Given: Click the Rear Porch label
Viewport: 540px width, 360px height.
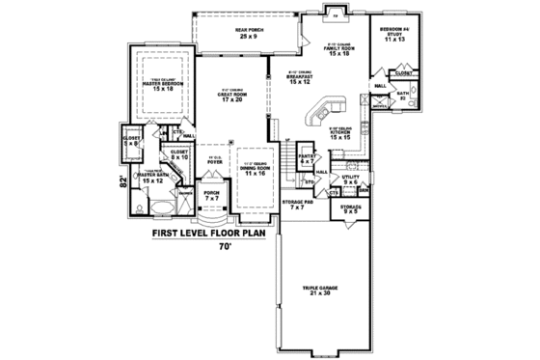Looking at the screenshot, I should (x=250, y=33).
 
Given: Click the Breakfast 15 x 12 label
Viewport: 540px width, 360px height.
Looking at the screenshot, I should (x=301, y=80).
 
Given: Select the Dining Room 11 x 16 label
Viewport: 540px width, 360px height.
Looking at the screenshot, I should (x=254, y=167).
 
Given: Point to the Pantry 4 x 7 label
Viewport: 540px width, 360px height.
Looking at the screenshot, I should (x=308, y=157).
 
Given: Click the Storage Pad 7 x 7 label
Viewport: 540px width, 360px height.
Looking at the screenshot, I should (x=297, y=205).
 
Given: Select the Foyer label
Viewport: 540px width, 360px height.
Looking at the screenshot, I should (x=214, y=161).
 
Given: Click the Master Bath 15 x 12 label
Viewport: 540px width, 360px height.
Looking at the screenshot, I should (x=153, y=179).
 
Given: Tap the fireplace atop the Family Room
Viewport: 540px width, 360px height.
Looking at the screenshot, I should (x=336, y=14).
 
